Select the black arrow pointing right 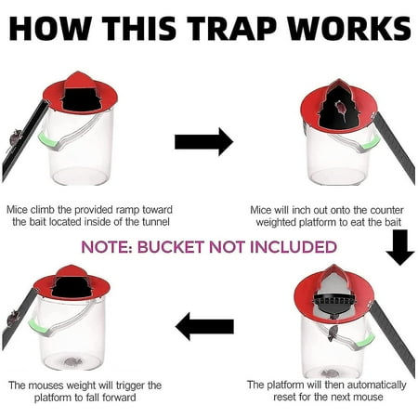[203, 141]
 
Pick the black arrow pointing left [204, 326]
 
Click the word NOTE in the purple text [110, 247]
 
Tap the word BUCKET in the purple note [186, 247]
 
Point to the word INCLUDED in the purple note [294, 247]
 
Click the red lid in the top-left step [80, 88]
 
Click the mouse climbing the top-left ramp [15, 138]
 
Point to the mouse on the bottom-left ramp [13, 319]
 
